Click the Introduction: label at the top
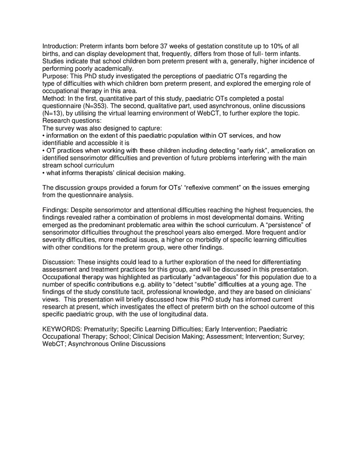60,46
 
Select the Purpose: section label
56,76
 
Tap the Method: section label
54,98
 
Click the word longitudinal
173,315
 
